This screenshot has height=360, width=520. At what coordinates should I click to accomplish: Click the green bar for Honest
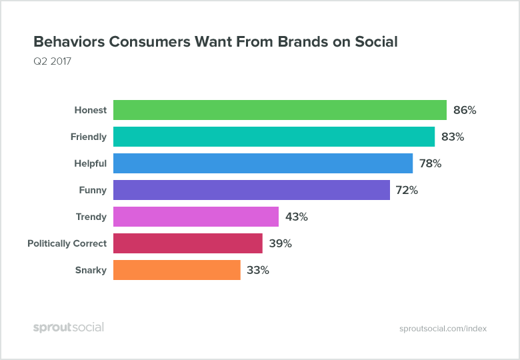tap(280, 110)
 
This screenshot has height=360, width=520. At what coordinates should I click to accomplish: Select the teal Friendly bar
tap(274, 137)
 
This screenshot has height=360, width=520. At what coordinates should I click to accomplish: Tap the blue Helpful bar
tap(263, 163)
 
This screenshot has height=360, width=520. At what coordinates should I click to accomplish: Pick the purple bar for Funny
tap(251, 190)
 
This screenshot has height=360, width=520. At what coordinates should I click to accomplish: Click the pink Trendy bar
tap(196, 217)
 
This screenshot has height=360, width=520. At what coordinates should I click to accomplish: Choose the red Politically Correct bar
tap(188, 243)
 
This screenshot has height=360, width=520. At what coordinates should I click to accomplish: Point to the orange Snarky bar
tap(177, 270)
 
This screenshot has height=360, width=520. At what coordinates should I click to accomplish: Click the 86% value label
tap(464, 111)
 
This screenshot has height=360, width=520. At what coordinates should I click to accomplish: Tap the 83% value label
tap(452, 137)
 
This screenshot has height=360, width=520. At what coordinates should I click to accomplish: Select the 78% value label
tap(430, 164)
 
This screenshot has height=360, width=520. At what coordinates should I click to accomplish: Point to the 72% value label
tap(406, 191)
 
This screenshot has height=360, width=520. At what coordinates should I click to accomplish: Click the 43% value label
tap(295, 217)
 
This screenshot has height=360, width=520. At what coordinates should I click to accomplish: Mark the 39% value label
tap(280, 244)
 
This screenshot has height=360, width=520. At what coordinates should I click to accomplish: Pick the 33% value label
tap(257, 271)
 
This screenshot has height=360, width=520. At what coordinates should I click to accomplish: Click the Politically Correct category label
tap(67, 244)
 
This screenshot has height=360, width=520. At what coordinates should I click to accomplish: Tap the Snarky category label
tap(91, 271)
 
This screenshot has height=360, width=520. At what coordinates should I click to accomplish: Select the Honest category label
tap(90, 111)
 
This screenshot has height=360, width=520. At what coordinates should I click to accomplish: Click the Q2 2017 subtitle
tap(52, 62)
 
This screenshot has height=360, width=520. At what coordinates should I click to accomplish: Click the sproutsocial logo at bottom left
tap(69, 327)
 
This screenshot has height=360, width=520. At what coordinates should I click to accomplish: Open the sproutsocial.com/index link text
tap(443, 329)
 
